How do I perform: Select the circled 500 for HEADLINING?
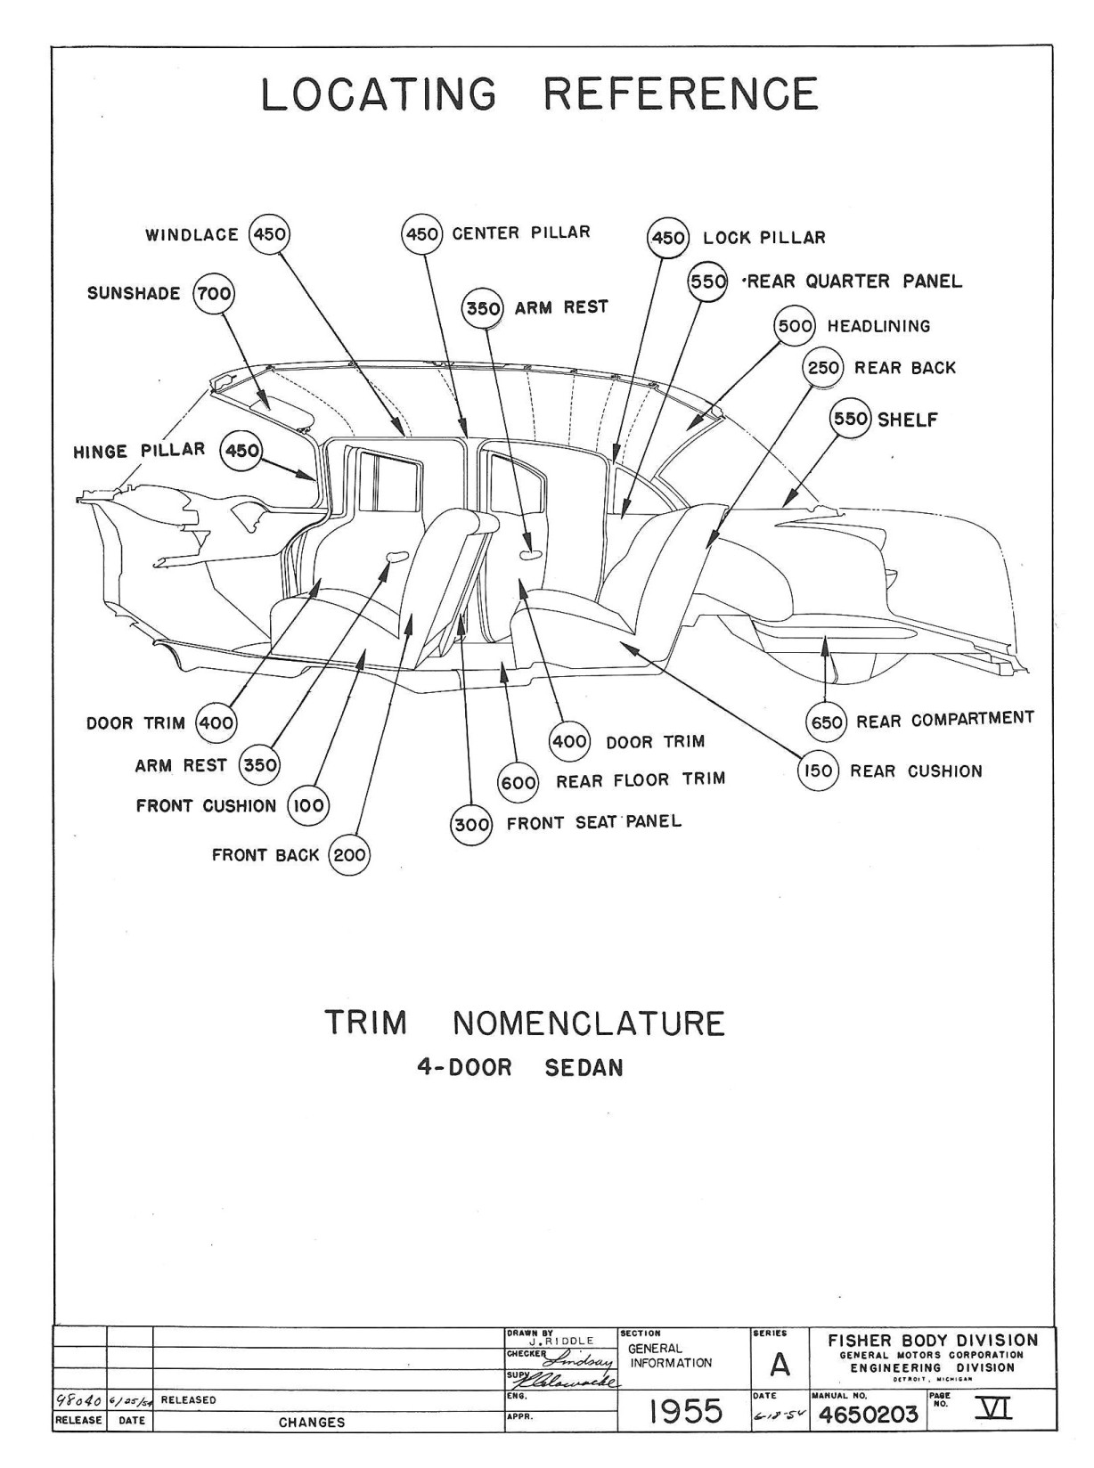tap(795, 327)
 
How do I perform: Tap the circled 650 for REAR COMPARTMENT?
tap(826, 722)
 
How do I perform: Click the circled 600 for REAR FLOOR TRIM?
tap(518, 782)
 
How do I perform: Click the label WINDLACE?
tap(192, 235)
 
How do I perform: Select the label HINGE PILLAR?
tap(139, 451)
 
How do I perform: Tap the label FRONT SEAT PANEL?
tap(594, 822)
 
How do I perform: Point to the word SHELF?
tap(908, 420)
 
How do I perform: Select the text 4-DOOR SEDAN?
tap(520, 1068)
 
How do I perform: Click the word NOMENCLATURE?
tap(589, 1024)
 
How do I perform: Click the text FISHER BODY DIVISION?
tap(933, 1340)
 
